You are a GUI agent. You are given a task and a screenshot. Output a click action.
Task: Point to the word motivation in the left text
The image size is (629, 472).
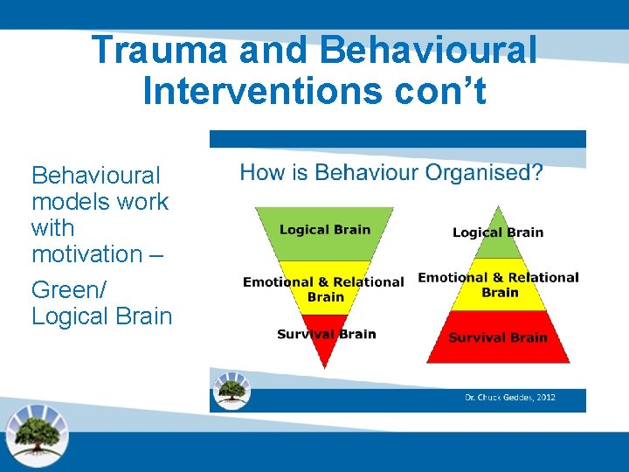pos(86,254)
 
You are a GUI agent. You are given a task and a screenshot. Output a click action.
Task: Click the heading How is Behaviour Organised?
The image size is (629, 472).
pos(391,172)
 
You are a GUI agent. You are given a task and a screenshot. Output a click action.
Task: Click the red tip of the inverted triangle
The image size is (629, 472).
pos(325,350)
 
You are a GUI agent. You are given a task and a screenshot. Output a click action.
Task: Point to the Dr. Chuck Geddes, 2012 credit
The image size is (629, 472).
pos(509,399)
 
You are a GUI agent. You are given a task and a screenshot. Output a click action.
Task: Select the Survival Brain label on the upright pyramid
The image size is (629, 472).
pos(498,337)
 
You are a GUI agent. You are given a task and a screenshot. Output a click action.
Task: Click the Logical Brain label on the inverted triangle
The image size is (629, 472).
pos(325,230)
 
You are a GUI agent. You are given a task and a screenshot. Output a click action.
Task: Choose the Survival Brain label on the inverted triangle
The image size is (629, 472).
pos(326,334)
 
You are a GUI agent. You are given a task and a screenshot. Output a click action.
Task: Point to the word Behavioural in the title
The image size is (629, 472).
pos(428,50)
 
